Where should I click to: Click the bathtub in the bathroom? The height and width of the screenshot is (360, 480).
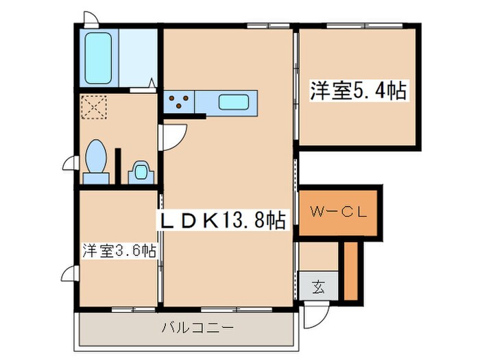click(99, 56)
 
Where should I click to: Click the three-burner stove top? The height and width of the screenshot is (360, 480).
click(179, 102)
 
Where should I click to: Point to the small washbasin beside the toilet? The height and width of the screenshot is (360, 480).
click(141, 171)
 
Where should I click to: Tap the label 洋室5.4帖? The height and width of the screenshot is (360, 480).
click(359, 91)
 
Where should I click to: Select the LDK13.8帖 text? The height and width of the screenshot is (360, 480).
click(221, 220)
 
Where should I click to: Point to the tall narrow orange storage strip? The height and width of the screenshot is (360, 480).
click(350, 271)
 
